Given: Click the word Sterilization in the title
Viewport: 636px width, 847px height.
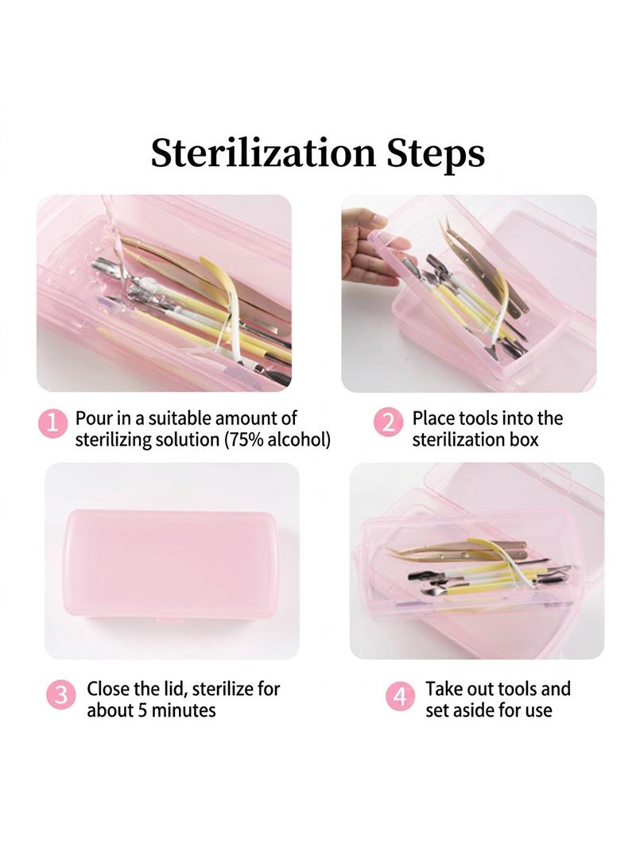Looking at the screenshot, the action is point(262,153).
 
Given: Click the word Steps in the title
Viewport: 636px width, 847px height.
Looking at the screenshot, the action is point(436,154).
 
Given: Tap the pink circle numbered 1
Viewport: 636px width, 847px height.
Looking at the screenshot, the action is point(52,423).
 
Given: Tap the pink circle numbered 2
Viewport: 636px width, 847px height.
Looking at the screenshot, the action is point(389,423).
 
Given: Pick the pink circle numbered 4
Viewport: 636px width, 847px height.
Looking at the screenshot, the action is point(400,696).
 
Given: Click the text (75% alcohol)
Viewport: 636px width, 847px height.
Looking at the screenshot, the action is point(277,439).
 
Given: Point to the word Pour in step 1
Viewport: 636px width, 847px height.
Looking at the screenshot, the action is point(94,418).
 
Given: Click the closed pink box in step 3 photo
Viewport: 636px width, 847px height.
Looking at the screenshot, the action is point(172,564).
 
